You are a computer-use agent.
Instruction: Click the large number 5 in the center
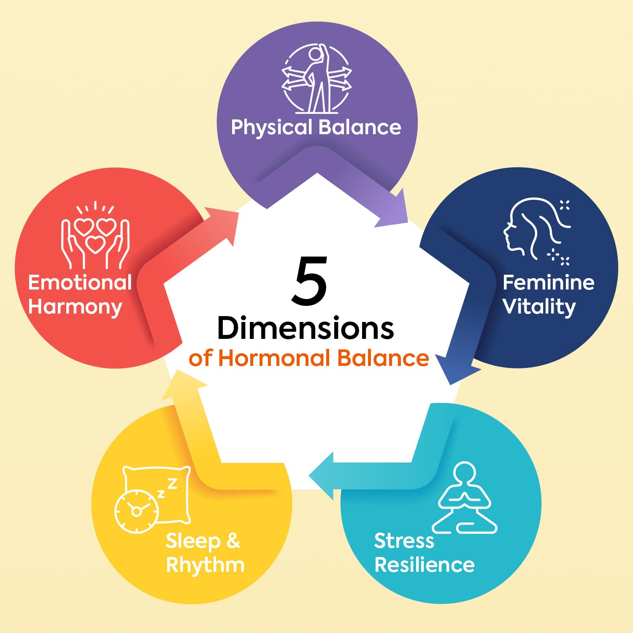(310, 281)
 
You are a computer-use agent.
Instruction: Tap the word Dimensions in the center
(306, 328)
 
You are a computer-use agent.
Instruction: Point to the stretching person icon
(317, 78)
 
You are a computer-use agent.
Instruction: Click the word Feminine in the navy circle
(548, 283)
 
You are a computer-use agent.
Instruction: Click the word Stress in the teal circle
(404, 541)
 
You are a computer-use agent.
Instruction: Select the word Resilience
(425, 565)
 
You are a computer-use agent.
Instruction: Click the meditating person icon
(464, 498)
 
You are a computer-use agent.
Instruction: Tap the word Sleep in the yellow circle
(193, 541)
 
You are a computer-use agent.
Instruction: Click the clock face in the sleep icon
(136, 511)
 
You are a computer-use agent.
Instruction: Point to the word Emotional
(80, 283)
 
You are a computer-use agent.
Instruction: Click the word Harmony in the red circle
(75, 307)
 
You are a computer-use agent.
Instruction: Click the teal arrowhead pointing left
(322, 476)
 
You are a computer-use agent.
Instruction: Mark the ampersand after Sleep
(233, 541)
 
